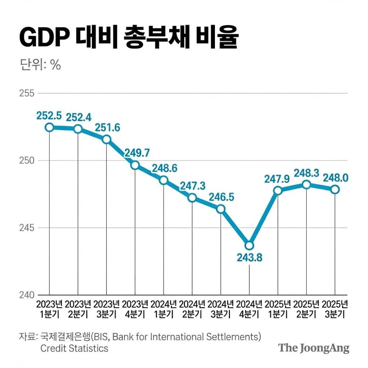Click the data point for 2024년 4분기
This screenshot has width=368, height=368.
pyautogui.click(x=249, y=245)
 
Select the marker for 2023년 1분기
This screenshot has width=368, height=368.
pyautogui.click(x=49, y=127)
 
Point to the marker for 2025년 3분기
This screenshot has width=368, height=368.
pyautogui.click(x=335, y=189)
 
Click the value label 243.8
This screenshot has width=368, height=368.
pyautogui.click(x=249, y=258)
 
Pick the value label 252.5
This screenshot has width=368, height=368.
pyautogui.click(x=49, y=116)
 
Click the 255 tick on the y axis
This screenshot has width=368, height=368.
pyautogui.click(x=26, y=93)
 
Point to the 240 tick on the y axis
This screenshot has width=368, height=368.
pyautogui.click(x=26, y=295)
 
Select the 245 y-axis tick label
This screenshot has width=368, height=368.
pyautogui.click(x=26, y=228)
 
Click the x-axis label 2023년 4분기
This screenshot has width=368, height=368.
pyautogui.click(x=135, y=309)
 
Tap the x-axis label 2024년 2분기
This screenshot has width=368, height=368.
pyautogui.click(x=192, y=309)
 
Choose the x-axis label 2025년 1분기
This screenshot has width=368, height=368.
pyautogui.click(x=278, y=309)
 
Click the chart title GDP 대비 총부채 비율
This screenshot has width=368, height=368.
pyautogui.click(x=129, y=38)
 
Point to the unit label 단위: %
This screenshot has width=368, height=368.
pyautogui.click(x=40, y=65)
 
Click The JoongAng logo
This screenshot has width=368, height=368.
pyautogui.click(x=314, y=348)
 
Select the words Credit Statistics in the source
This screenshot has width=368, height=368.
pyautogui.click(x=74, y=348)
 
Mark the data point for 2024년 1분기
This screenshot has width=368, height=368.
pyautogui.click(x=164, y=180)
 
